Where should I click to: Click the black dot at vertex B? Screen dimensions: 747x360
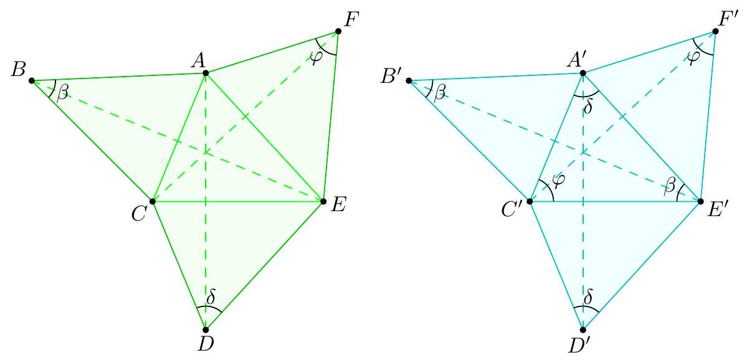(x=32, y=80)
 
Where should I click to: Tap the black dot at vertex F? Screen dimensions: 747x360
(x=338, y=31)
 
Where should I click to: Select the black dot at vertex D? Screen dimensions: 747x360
(x=206, y=329)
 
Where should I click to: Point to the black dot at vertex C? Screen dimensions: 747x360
(x=153, y=201)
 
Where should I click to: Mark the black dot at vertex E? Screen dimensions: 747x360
(x=323, y=201)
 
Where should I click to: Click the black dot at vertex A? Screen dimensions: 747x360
(x=206, y=73)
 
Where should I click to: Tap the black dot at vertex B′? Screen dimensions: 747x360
(x=409, y=80)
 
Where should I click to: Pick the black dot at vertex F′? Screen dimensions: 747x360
(x=715, y=31)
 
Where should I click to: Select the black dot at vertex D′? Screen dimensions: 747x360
(x=583, y=329)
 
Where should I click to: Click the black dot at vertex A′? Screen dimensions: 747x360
(x=583, y=73)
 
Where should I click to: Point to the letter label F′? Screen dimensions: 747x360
(x=729, y=20)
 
